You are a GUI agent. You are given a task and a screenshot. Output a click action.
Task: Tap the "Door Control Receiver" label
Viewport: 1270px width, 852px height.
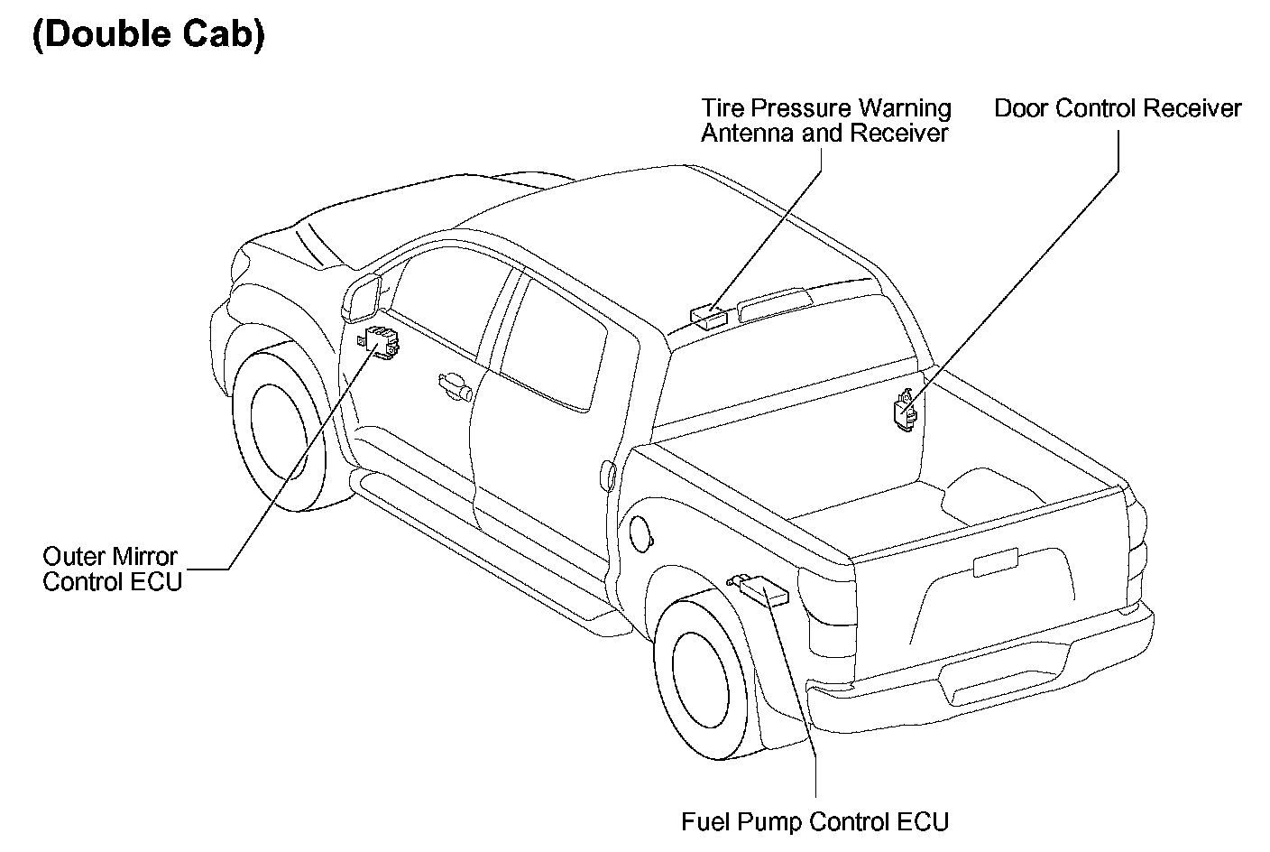1118,109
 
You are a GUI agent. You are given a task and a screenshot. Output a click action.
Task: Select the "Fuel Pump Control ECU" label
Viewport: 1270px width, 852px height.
814,822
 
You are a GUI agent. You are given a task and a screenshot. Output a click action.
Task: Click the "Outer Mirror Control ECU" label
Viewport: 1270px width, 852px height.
112,569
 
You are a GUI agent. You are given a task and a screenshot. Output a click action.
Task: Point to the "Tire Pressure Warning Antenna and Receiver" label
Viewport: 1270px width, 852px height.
826,121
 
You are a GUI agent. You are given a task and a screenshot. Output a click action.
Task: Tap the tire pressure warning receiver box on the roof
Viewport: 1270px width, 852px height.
709,315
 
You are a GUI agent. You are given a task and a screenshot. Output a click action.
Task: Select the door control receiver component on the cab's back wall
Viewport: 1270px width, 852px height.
905,411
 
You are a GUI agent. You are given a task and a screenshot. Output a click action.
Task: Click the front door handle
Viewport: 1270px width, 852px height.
455,388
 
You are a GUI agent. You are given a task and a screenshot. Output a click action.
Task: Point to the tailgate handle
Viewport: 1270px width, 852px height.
995,561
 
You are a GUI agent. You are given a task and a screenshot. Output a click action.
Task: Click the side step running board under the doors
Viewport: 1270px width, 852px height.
478,542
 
